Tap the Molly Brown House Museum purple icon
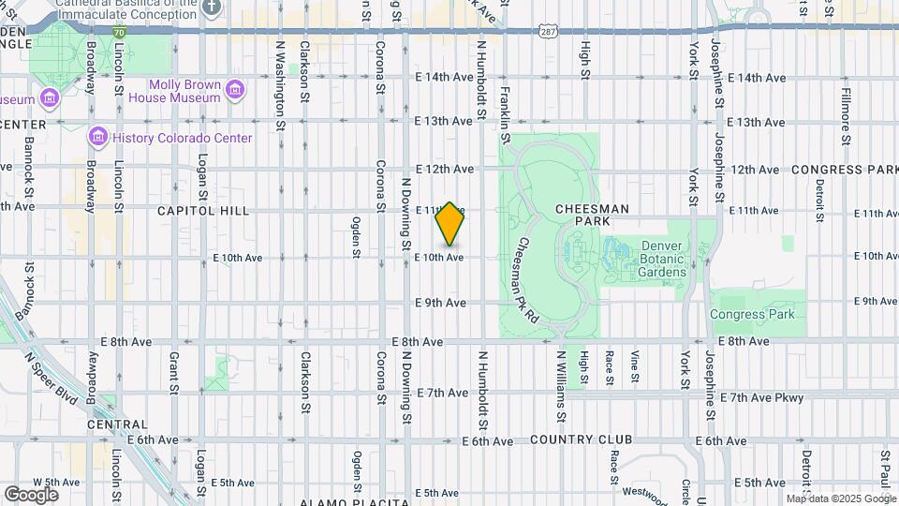[x=235, y=91]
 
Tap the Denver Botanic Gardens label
[x=662, y=260]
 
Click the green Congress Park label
[x=752, y=314]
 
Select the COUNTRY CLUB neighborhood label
[x=581, y=439]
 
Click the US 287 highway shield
[x=548, y=31]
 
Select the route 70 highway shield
[x=119, y=31]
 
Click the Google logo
[x=31, y=494]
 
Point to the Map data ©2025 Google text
[x=840, y=499]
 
